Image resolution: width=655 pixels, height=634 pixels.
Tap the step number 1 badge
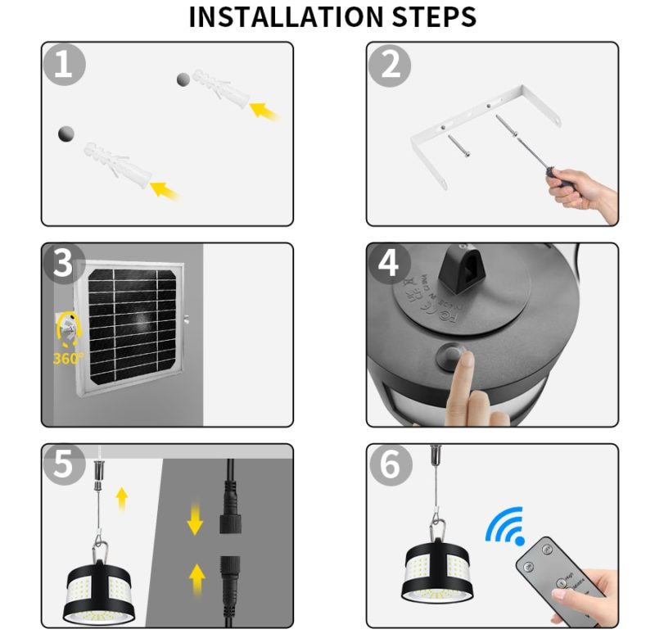[x=64, y=64]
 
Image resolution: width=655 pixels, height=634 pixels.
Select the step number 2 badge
[x=390, y=64]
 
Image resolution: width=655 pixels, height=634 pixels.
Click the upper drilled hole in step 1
[x=183, y=79]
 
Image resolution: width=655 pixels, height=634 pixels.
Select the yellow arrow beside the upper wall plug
[x=264, y=109]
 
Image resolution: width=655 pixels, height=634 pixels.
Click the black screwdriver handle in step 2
[x=559, y=178]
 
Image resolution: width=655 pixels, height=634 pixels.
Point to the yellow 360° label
[x=69, y=358]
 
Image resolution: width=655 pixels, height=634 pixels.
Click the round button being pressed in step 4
[x=449, y=356]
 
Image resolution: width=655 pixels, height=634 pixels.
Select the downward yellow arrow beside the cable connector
[x=196, y=520]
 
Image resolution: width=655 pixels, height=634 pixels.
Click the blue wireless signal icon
[x=505, y=526]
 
